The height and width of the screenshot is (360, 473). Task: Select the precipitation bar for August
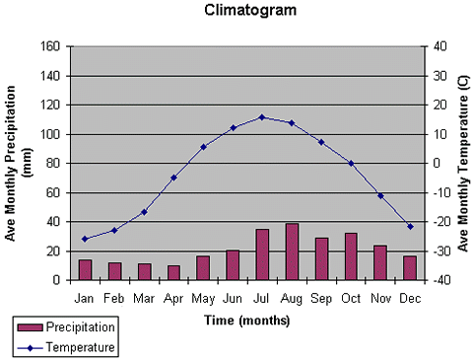(292, 252)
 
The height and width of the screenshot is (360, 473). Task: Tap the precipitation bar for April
(173, 272)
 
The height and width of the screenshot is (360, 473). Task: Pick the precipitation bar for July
(262, 254)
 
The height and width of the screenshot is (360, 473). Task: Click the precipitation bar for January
(85, 269)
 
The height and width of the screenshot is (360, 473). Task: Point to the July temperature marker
(262, 117)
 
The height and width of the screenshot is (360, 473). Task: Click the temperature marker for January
(85, 239)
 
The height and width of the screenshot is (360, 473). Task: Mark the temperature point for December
(410, 227)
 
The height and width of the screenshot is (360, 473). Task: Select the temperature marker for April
(173, 178)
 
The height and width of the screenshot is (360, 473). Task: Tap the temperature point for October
(351, 163)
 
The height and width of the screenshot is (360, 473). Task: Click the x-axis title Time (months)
(246, 320)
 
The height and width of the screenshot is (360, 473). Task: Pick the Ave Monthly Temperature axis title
(464, 163)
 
